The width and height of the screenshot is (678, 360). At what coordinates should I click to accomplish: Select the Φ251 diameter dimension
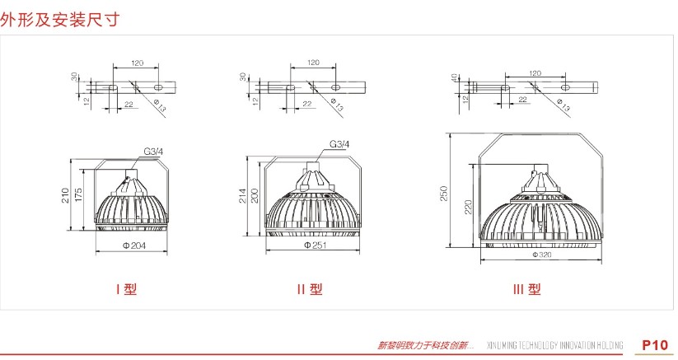point(312,245)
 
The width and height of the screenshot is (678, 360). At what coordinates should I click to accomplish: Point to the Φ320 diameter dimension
point(540,255)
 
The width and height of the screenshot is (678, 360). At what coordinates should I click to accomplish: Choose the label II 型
point(309,289)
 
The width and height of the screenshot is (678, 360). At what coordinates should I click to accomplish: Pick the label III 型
point(526,289)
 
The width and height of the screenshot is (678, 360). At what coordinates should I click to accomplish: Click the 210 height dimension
point(66,196)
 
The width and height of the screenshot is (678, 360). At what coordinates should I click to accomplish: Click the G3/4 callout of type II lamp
point(339,145)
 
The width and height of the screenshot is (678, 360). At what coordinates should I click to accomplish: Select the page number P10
point(655,344)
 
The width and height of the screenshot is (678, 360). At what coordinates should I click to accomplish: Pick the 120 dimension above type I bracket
point(137,63)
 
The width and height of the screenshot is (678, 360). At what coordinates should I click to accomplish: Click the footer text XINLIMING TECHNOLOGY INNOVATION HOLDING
point(558,345)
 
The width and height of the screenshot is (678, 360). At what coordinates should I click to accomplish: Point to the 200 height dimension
point(255,195)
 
